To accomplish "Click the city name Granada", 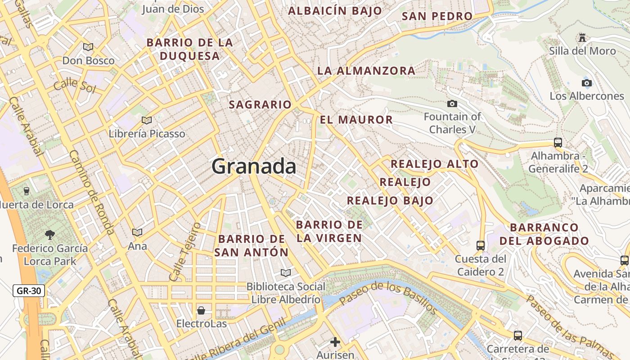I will point(254,166).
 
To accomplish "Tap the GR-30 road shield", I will point(29,291).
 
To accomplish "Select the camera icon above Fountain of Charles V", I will point(452,104).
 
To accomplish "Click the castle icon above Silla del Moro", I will point(582,37).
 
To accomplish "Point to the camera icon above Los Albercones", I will point(587,83).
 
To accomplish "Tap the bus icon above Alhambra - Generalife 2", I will point(558,143).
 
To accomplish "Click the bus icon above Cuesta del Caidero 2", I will point(481,245).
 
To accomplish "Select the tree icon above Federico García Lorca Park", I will point(49,234).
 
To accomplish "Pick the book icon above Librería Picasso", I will point(147,120).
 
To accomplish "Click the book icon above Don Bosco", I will point(88,47).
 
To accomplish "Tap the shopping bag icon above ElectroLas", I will point(201,310).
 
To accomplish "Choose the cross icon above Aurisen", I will point(335,342).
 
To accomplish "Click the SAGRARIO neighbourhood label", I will point(260,105).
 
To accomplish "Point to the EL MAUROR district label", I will point(356,120).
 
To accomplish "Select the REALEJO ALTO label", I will point(434,164).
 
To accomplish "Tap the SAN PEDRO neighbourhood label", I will point(437,17).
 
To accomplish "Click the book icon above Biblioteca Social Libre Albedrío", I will point(286,273).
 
